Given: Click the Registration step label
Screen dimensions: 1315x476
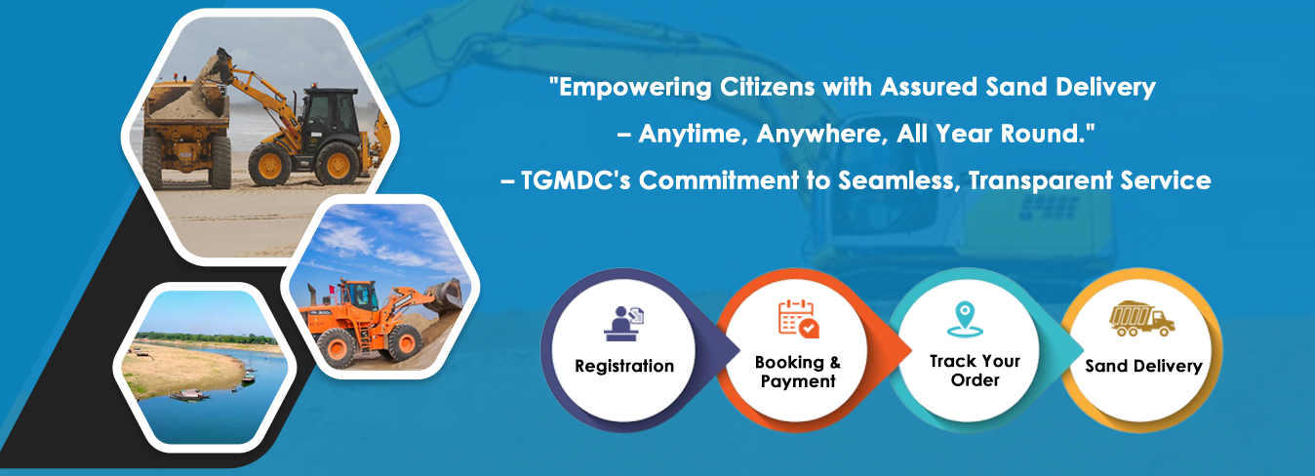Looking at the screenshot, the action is pos(624,366).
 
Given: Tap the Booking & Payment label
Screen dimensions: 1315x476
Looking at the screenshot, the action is pos(798,372).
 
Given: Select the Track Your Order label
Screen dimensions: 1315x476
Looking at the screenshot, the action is pos(976,371).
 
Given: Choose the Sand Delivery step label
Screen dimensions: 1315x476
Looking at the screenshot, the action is pos(1143,366).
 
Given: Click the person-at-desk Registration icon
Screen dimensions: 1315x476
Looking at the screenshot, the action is pos(623,324).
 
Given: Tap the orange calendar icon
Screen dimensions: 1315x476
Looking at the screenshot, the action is pos(798,319).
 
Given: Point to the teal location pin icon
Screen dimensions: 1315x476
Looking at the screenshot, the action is pos(965,319).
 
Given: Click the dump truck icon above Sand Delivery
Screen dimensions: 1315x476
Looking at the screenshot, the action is pos(1141,319).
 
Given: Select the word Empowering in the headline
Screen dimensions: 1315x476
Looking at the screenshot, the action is pos(635,88).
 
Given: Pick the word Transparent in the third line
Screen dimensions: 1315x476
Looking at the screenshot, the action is pos(1040,180).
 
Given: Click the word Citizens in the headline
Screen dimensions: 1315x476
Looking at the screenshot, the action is pos(768,87).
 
